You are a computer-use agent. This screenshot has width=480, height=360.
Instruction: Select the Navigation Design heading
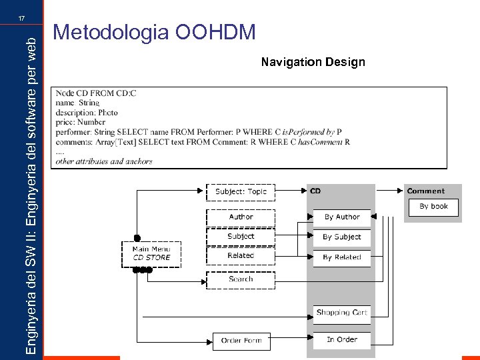click(x=313, y=62)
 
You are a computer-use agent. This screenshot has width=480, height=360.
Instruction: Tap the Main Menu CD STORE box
click(x=151, y=253)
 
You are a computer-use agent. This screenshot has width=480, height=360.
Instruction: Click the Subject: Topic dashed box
click(x=240, y=192)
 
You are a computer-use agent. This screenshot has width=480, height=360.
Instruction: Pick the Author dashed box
click(x=241, y=217)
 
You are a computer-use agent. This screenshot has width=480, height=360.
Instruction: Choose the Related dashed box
click(x=241, y=256)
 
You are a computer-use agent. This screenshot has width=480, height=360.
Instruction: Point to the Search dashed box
click(x=241, y=280)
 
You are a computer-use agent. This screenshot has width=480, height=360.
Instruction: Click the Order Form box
click(x=241, y=341)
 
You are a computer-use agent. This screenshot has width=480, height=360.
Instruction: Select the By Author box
click(x=342, y=217)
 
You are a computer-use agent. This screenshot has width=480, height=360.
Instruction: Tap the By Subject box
click(x=342, y=237)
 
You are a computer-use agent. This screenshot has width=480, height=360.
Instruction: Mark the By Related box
click(x=342, y=257)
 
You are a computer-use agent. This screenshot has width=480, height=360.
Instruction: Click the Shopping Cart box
click(x=342, y=313)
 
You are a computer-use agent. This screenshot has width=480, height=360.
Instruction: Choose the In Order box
click(x=342, y=340)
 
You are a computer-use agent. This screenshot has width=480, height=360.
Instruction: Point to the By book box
click(x=433, y=207)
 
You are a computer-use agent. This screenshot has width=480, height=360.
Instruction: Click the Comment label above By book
click(x=425, y=191)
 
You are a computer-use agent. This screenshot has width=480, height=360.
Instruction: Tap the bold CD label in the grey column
click(x=315, y=191)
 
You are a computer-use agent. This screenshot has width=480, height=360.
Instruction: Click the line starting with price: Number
click(x=81, y=123)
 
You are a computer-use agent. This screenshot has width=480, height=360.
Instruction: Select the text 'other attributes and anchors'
click(x=104, y=161)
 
